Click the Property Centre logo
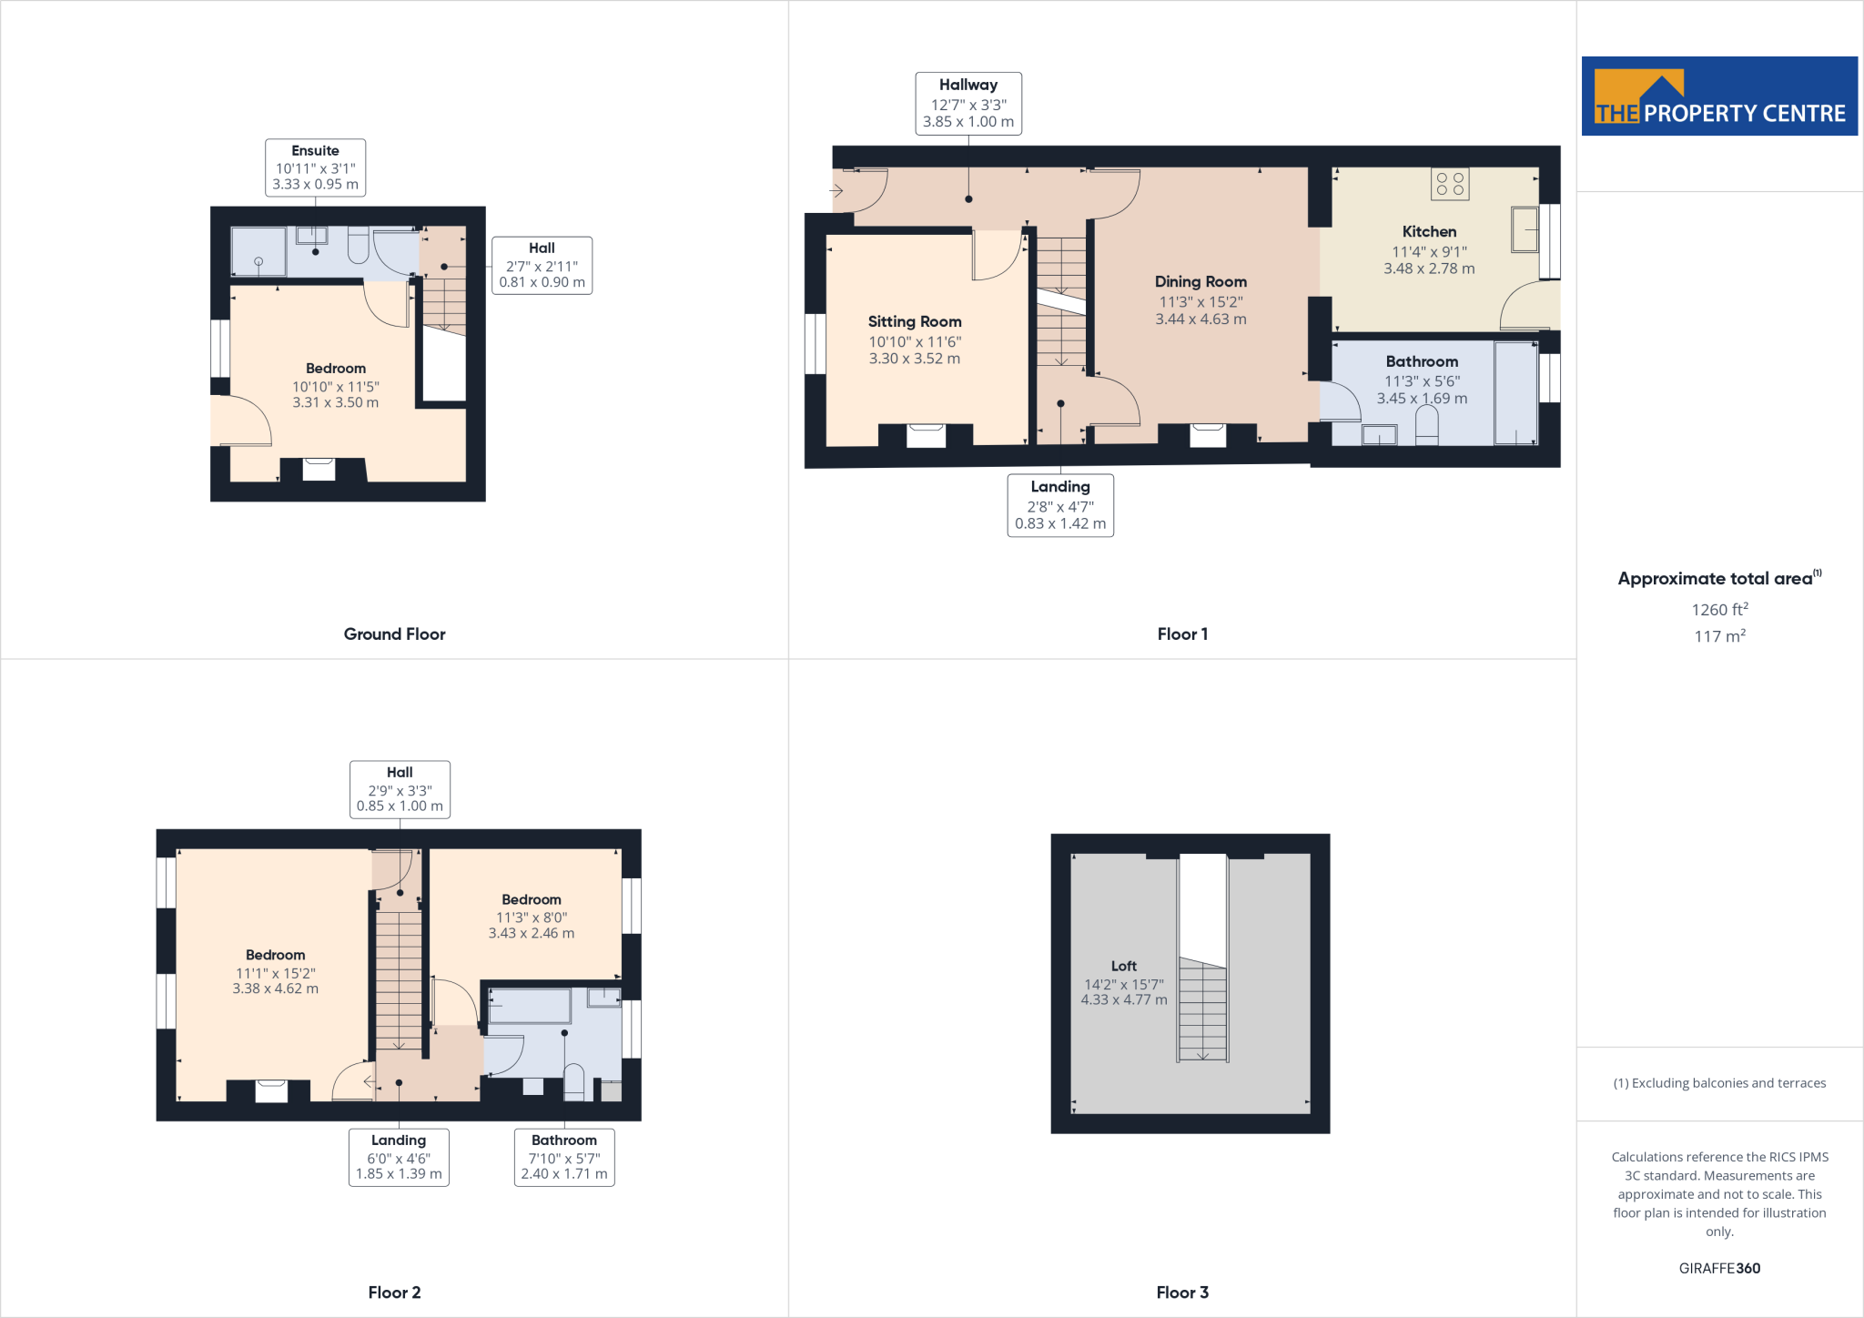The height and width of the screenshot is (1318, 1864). [1718, 96]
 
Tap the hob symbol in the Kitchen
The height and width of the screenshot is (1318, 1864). [1450, 184]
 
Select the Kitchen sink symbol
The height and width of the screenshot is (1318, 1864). [1525, 229]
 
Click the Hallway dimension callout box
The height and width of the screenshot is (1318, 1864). [968, 104]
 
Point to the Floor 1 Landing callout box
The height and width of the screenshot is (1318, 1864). [1060, 505]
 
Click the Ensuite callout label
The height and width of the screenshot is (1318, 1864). [315, 167]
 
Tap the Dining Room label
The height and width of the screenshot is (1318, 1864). [1200, 282]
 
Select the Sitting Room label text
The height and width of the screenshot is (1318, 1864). [915, 322]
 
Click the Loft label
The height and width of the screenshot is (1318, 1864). [1123, 966]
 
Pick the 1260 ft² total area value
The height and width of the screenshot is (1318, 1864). [1719, 610]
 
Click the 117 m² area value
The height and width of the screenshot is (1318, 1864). [1719, 636]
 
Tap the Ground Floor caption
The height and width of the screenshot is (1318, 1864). [394, 634]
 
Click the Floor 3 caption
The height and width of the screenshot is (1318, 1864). [1182, 1293]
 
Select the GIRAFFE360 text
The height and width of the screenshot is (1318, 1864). [1719, 1268]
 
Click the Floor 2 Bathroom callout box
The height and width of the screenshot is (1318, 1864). [564, 1157]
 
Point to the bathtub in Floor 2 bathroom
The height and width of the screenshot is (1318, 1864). [530, 1007]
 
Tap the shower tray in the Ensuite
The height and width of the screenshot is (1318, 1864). [258, 252]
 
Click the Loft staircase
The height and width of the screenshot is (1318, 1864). [1203, 1010]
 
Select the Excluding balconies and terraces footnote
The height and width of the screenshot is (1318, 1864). [1719, 1083]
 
